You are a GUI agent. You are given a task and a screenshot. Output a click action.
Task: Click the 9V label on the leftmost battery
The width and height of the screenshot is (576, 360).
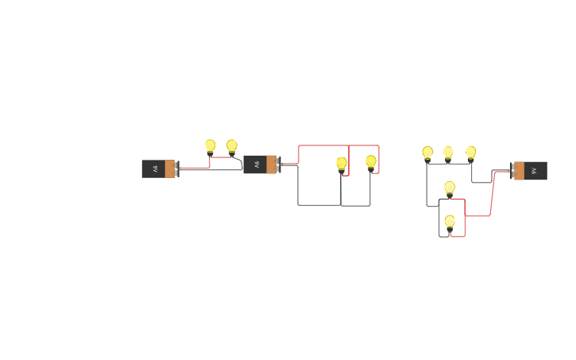pyautogui.click(x=155, y=168)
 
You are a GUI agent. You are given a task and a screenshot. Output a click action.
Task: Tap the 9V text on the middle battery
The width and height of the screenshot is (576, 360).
pyautogui.click(x=257, y=165)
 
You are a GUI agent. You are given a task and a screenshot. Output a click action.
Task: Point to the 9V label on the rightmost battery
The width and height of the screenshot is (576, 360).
pyautogui.click(x=534, y=171)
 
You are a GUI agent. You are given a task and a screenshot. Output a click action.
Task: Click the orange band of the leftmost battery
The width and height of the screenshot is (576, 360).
pyautogui.click(x=169, y=168)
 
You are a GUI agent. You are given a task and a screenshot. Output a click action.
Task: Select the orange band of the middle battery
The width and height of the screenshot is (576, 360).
pyautogui.click(x=271, y=165)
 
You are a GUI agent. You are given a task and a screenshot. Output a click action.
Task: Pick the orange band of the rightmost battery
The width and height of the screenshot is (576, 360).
pyautogui.click(x=520, y=171)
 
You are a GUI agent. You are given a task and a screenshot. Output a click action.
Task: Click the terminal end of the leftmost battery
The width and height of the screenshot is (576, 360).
pyautogui.click(x=177, y=168)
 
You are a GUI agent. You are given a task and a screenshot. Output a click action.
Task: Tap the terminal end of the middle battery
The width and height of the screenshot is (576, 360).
pyautogui.click(x=278, y=165)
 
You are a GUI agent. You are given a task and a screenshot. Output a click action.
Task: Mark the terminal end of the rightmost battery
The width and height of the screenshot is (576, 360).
pyautogui.click(x=512, y=171)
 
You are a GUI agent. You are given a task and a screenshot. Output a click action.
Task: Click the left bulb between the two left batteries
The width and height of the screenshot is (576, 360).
pyautogui.click(x=210, y=146)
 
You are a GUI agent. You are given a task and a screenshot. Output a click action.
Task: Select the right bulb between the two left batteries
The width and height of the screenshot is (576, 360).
pyautogui.click(x=232, y=146)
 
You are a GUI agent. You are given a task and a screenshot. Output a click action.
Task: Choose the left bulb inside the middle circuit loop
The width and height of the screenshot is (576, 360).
pyautogui.click(x=342, y=164)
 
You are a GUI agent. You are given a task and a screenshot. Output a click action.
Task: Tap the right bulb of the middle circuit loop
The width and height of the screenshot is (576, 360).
pyautogui.click(x=371, y=162)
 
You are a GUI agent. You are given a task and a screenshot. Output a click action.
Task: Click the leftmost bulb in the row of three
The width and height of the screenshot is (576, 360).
pyautogui.click(x=427, y=153)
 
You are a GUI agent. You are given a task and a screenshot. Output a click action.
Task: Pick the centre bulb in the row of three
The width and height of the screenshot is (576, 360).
pyautogui.click(x=448, y=153)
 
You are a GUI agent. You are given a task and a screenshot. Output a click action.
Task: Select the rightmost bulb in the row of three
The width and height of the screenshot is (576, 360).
pyautogui.click(x=470, y=153)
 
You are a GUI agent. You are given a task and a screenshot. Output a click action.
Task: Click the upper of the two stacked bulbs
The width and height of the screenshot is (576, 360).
pyautogui.click(x=450, y=188)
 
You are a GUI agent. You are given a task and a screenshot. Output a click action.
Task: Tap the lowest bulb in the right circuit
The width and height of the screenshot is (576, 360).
pyautogui.click(x=450, y=222)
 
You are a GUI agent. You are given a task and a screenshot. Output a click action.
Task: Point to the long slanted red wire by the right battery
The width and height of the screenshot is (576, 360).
pyautogui.click(x=492, y=193)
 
